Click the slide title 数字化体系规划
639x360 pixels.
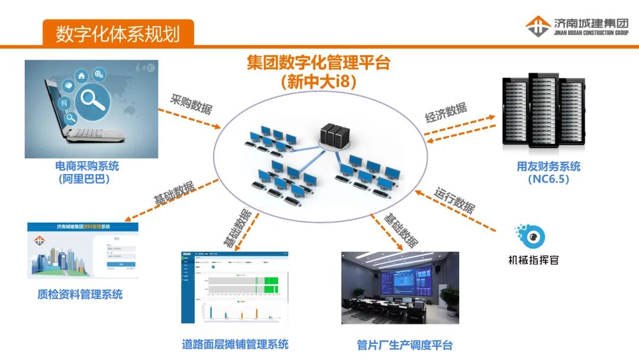click(x=118, y=33)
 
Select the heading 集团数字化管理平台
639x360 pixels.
click(x=318, y=63)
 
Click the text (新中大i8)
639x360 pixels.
click(x=319, y=82)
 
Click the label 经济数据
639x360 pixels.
click(x=446, y=113)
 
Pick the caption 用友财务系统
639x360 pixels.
click(x=548, y=166)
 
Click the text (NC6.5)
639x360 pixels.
click(x=548, y=179)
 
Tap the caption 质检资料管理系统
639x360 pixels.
click(x=80, y=294)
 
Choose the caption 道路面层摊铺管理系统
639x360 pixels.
click(x=235, y=343)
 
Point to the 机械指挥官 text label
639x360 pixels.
click(x=534, y=259)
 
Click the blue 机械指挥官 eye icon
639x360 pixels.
click(x=531, y=236)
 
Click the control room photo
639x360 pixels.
click(x=400, y=288)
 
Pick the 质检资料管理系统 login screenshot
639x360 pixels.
click(x=83, y=250)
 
